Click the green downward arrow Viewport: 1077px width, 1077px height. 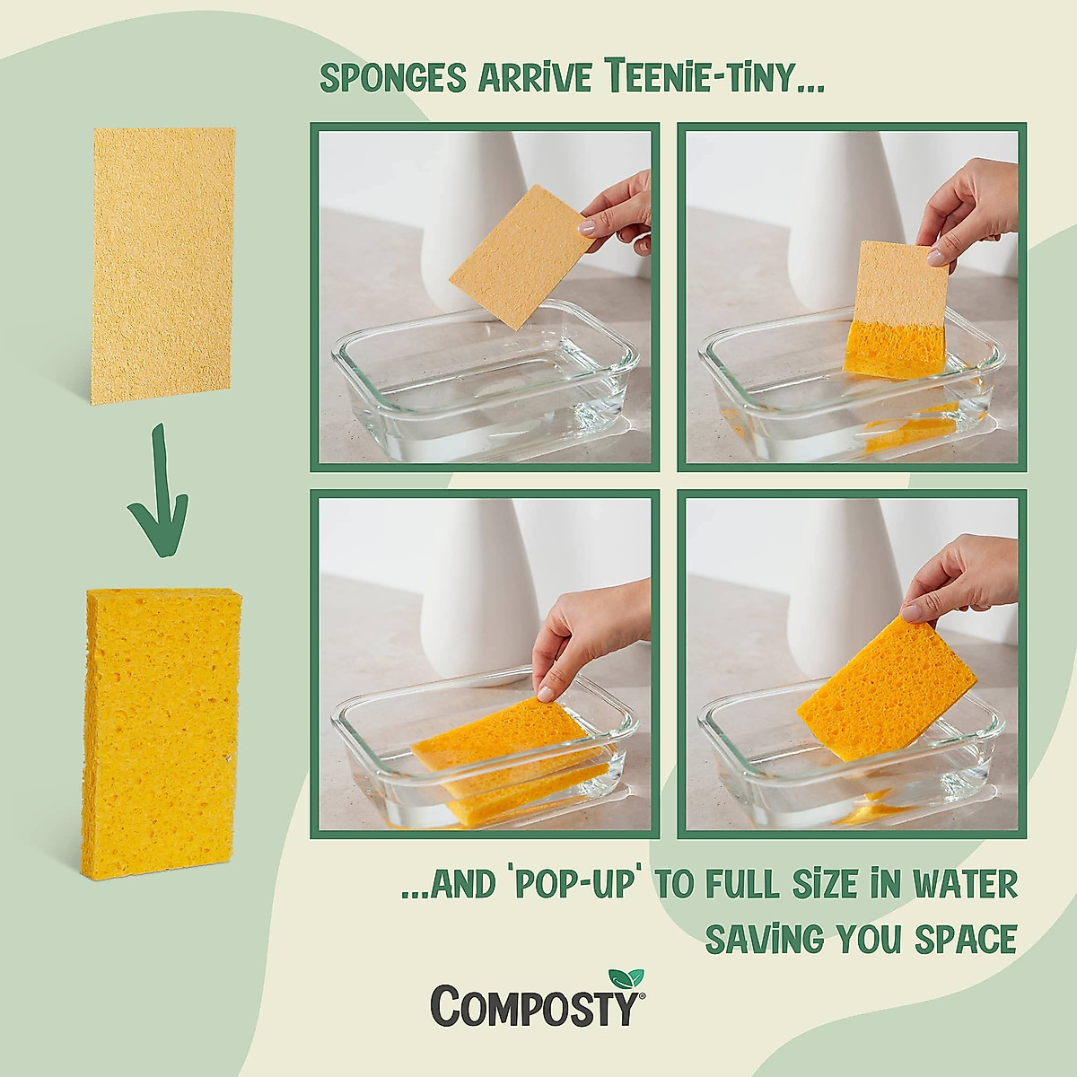coord(158,487)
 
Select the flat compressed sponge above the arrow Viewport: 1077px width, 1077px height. coord(163,265)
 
